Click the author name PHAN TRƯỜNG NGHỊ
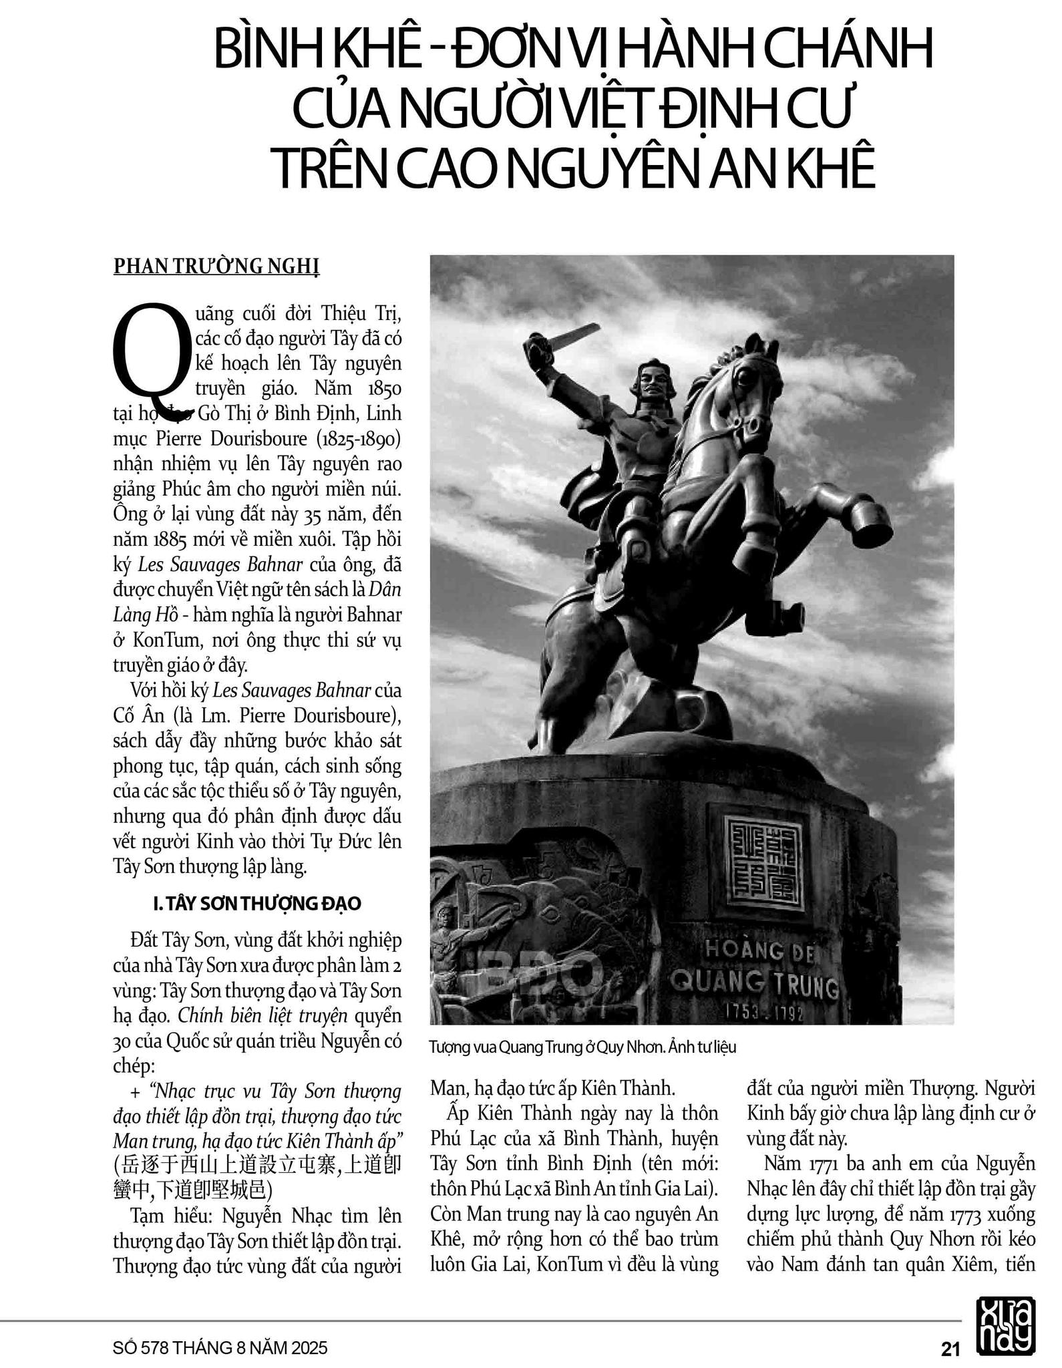[x=216, y=266]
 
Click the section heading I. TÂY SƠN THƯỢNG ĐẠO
[x=257, y=904]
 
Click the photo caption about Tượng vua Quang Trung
[x=582, y=1047]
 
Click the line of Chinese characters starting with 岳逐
[x=257, y=1166]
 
